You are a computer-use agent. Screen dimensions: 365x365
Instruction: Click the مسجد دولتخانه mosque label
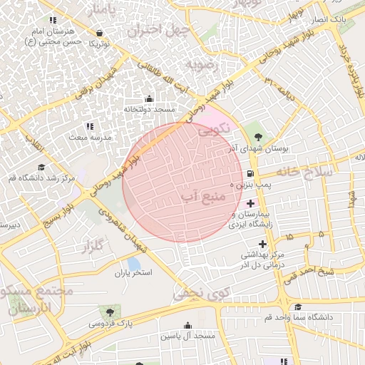pos(149,109)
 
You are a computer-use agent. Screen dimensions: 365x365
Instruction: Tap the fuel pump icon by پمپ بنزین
pos(249,173)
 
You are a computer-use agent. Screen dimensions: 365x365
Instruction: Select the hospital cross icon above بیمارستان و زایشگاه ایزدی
pos(250,203)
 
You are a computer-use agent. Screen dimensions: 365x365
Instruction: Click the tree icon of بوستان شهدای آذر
pos(258,136)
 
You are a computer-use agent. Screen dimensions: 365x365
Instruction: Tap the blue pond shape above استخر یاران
pos(134,264)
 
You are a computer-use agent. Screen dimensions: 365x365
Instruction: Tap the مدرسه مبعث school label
pos(90,135)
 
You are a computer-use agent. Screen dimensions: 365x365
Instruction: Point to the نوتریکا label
pos(98,43)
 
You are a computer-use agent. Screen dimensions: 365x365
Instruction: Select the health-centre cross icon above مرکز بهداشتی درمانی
pos(262,244)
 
